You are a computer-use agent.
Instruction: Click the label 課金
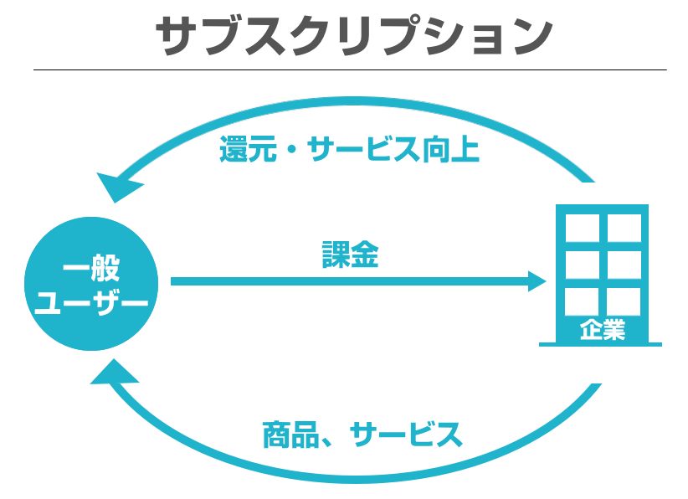351,255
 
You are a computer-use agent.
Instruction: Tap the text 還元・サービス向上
349,151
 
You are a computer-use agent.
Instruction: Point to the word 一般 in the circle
91,270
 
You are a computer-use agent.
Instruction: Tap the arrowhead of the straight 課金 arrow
536,281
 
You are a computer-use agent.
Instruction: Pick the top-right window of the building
624,226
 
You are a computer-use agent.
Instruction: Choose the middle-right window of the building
624,264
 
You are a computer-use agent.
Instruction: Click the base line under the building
600,344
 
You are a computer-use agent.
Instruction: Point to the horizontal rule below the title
350,69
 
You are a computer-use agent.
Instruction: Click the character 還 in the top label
235,151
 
